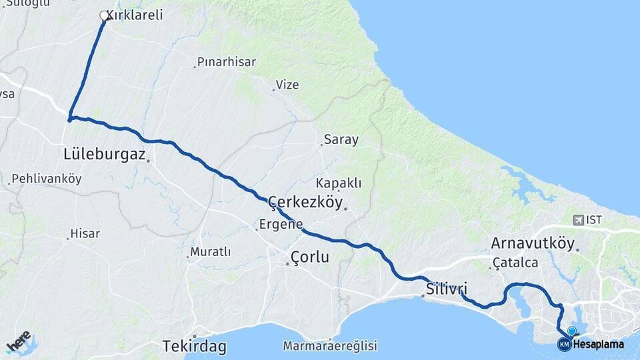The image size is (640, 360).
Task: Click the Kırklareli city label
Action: [x=139, y=15]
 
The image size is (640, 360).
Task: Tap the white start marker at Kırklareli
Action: [x=104, y=15]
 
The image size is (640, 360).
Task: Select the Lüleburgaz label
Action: [x=104, y=155]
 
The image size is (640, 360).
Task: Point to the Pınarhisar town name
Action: [x=227, y=62]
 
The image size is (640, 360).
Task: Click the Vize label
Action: [x=288, y=85]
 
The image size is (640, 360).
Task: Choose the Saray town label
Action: [x=341, y=140]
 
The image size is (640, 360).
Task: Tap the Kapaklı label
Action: [x=339, y=183]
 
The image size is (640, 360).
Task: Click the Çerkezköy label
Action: [x=305, y=201]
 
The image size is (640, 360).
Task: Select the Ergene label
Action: [x=282, y=224]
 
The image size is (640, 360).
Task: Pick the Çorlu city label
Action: [x=310, y=257]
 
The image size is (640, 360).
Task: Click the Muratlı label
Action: [x=211, y=252]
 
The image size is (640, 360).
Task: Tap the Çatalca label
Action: [x=516, y=263]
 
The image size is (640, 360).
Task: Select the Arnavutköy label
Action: [x=532, y=243]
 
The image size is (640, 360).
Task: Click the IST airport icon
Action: [x=577, y=219]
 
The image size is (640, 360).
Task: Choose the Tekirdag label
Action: [x=194, y=347]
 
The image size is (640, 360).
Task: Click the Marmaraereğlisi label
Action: [x=330, y=346]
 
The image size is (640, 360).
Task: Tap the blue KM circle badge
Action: [x=564, y=344]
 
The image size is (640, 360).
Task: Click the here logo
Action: [x=19, y=341]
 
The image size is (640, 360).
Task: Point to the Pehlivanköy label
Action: [x=46, y=179]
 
